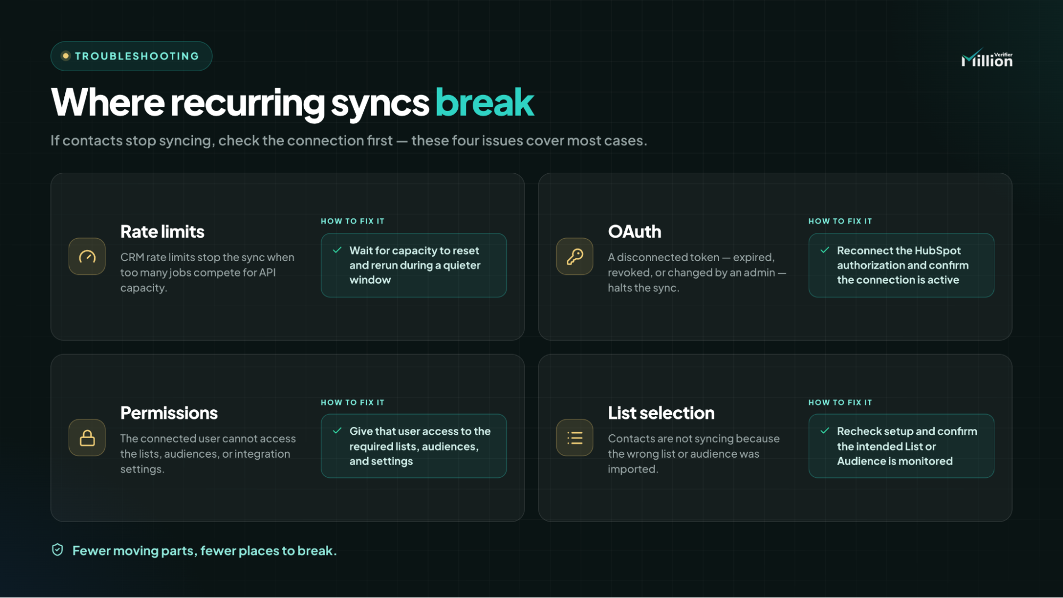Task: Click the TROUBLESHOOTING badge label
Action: (137, 56)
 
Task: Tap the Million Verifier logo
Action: (987, 58)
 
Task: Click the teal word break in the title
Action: (484, 102)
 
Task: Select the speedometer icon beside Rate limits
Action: (87, 257)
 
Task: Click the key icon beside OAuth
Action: (575, 257)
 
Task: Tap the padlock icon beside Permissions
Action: (87, 438)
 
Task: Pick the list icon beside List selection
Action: (575, 438)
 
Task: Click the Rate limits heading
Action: (162, 232)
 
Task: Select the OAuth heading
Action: (634, 232)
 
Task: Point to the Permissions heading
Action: (169, 413)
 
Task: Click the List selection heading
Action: (661, 413)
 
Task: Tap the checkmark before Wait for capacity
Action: (337, 250)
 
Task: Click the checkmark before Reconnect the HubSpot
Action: (825, 250)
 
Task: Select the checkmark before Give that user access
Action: (337, 431)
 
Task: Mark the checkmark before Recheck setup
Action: (825, 431)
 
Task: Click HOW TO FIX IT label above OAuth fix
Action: (840, 221)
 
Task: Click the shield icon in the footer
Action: (57, 550)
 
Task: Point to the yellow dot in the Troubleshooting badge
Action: (65, 56)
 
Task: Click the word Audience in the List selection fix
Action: (861, 461)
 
